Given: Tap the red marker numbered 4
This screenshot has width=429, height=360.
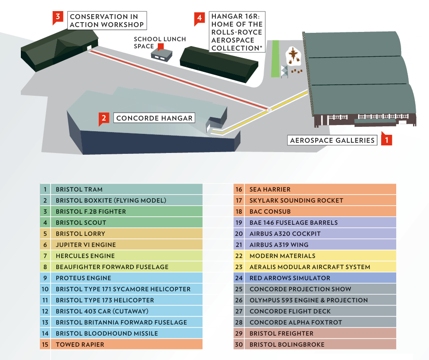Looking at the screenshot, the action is (x=199, y=18).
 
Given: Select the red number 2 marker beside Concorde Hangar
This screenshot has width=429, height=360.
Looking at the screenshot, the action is (x=104, y=118).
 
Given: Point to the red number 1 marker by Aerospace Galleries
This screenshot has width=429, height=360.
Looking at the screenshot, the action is (x=386, y=140).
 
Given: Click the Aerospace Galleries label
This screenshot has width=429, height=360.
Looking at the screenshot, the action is (x=332, y=140).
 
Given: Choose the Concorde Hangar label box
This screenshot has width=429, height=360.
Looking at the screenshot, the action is (x=154, y=118).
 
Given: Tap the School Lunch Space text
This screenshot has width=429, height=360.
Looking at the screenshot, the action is (x=160, y=43).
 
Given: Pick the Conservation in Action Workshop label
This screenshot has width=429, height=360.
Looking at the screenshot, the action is (x=107, y=20).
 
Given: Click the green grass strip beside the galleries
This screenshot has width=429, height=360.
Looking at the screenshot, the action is (x=275, y=59).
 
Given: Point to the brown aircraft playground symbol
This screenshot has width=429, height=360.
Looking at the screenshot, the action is (x=293, y=56).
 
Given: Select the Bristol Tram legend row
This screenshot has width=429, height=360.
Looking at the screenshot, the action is (x=121, y=189).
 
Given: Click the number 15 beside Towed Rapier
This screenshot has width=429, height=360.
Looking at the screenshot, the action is (x=45, y=344).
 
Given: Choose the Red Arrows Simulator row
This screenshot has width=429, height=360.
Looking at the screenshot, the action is (x=315, y=278).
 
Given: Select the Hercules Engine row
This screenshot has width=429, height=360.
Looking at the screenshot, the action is (x=121, y=256).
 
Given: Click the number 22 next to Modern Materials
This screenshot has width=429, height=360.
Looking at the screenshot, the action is (x=239, y=256).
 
